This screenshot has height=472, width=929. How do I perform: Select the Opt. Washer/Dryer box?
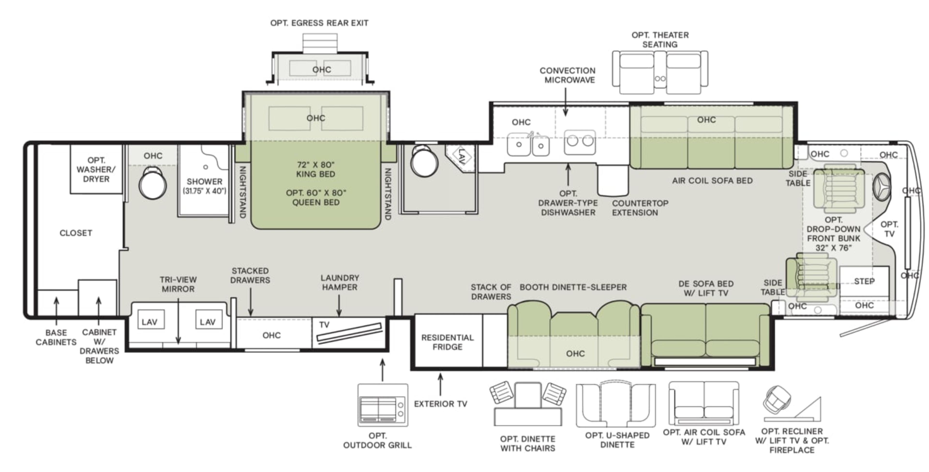(96, 169)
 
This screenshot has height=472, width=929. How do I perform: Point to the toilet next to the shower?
(153, 183)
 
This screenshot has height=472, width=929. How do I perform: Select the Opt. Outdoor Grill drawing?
(383, 405)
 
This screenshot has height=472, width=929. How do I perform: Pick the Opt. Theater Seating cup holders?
(660, 78)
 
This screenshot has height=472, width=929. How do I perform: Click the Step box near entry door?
(864, 281)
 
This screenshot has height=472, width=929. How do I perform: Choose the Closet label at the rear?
(76, 233)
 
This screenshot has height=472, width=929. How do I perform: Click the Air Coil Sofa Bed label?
(712, 181)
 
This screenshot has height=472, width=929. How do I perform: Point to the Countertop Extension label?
(640, 208)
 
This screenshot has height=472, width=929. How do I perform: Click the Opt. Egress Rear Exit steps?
(320, 43)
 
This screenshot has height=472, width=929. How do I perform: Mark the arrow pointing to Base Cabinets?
(56, 311)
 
